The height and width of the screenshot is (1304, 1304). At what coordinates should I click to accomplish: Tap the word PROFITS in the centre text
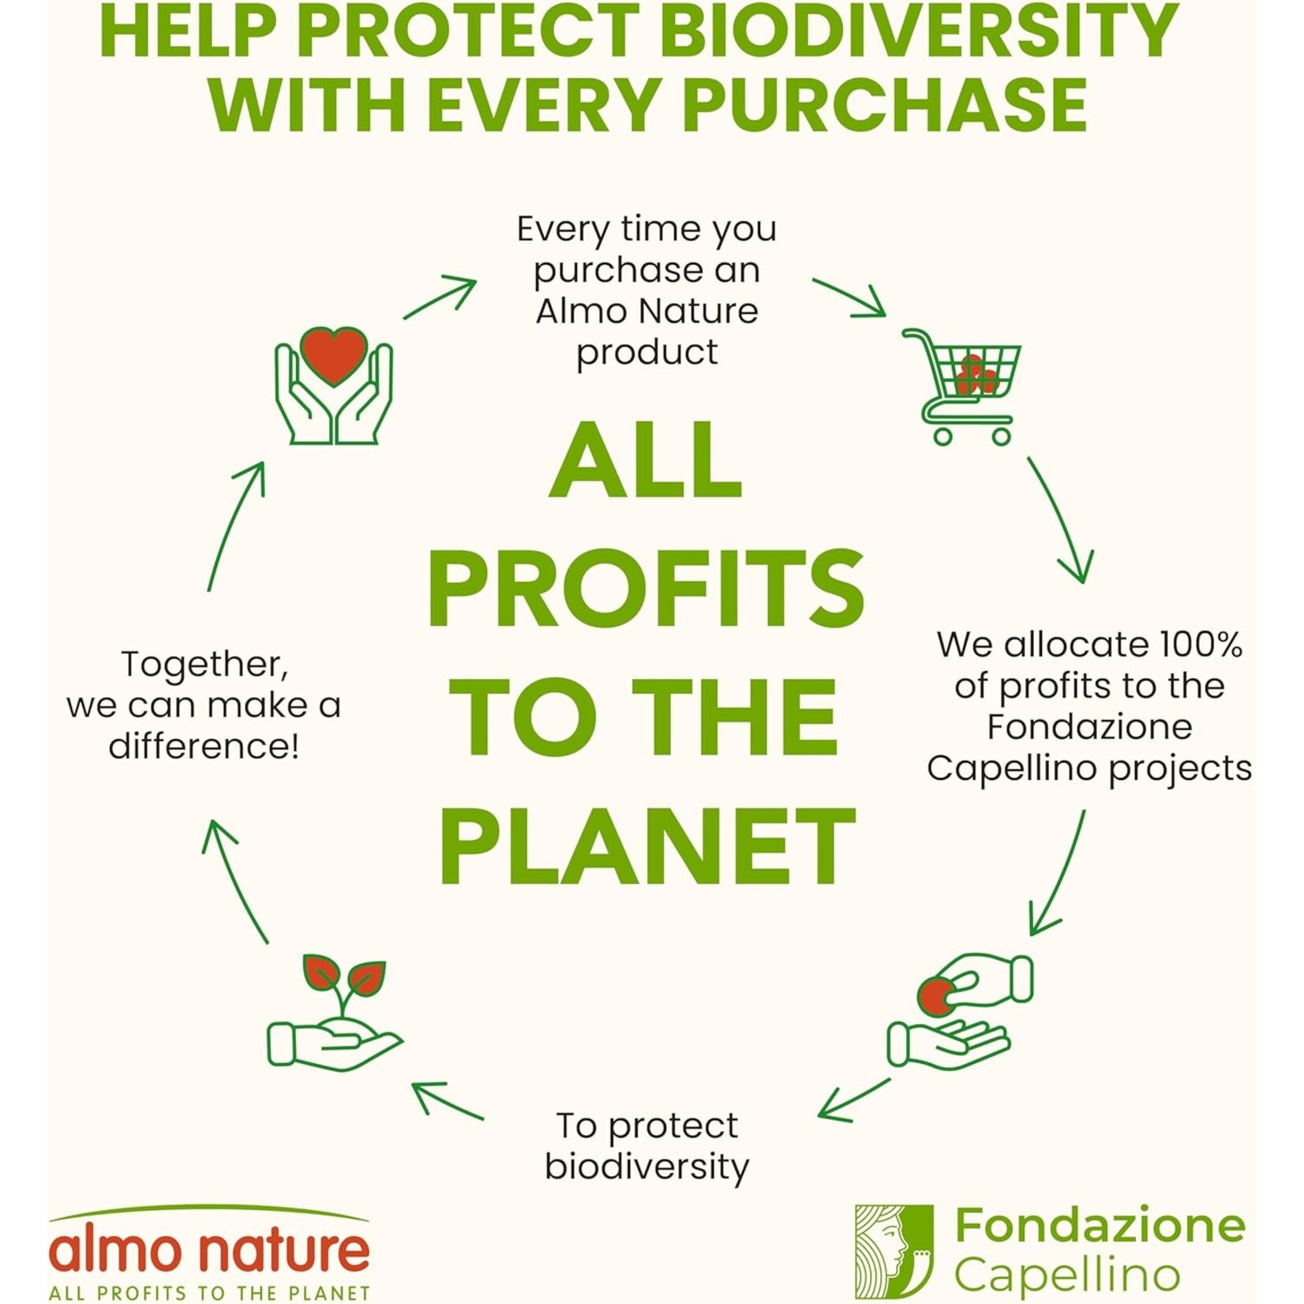[x=646, y=589]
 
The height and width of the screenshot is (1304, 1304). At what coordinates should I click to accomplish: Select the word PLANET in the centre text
[x=647, y=847]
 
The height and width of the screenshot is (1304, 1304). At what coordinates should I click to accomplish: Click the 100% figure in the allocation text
[x=1200, y=645]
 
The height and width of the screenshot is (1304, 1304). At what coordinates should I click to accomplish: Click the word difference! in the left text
[x=204, y=746]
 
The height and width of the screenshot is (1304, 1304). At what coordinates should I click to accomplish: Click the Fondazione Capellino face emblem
[x=894, y=1252]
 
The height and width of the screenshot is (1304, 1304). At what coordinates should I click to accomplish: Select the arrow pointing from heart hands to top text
[x=440, y=297]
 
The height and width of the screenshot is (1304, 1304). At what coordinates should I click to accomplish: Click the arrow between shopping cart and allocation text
[x=1061, y=519]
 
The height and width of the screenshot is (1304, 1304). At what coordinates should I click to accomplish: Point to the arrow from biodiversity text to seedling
[x=448, y=1100]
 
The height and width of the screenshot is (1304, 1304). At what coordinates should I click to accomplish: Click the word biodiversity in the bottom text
[x=646, y=1167]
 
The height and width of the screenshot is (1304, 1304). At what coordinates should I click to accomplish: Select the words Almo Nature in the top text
[x=647, y=311]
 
